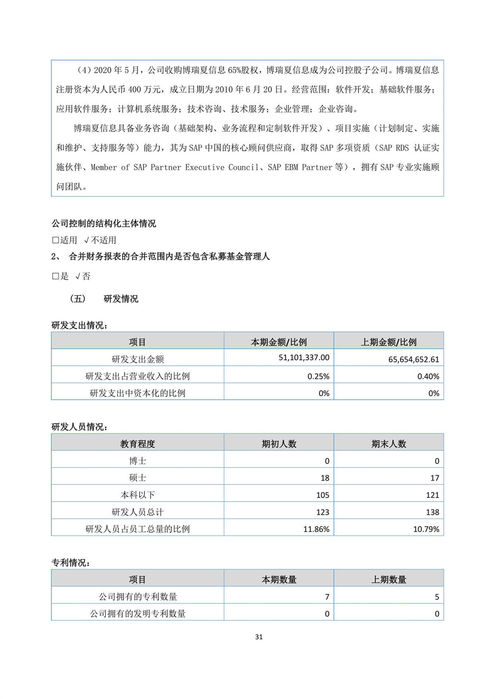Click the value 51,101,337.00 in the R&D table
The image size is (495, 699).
coord(304,358)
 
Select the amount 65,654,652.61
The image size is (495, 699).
coord(413,359)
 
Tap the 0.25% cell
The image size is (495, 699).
coord(318,376)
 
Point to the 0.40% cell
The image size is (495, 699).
coord(428,376)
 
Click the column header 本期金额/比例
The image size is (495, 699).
coord(279,342)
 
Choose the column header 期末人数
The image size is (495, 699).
coord(389,444)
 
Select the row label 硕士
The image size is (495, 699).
coord(137,478)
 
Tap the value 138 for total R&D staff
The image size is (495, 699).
coord(432,512)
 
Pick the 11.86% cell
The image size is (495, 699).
coord(316,529)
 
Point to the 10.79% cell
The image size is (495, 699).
coord(426,529)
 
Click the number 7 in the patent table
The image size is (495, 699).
coord(327,597)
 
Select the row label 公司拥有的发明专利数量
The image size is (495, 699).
coord(137,614)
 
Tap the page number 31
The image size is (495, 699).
coord(259,637)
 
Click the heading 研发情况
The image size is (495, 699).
coord(121,299)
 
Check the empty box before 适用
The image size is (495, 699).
coord(55,240)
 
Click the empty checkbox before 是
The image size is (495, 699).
coord(55,277)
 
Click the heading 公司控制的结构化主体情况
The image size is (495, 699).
coord(104,224)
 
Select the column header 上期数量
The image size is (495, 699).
coord(389,580)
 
